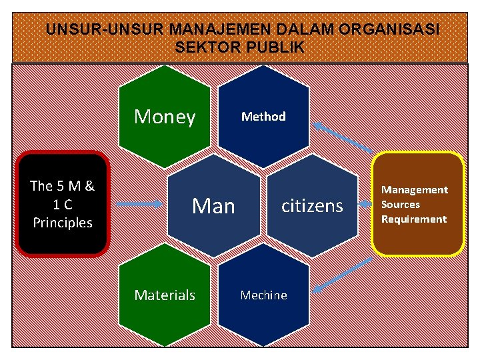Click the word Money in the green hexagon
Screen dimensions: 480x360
tap(165, 117)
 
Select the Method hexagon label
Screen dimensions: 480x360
tap(263, 117)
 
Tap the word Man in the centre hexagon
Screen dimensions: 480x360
tap(213, 206)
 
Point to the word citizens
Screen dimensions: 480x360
tap(312, 205)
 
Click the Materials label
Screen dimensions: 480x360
tap(165, 295)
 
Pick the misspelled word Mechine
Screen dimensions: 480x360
tap(263, 295)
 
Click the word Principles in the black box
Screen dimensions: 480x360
tap(63, 222)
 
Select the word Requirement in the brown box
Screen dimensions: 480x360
tap(414, 219)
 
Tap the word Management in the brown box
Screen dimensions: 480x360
tap(414, 190)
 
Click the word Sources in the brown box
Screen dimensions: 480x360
tap(401, 205)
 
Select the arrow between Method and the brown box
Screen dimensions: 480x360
tap(344, 137)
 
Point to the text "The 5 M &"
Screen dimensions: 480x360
tap(63, 186)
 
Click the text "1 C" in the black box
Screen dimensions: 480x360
tap(63, 204)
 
